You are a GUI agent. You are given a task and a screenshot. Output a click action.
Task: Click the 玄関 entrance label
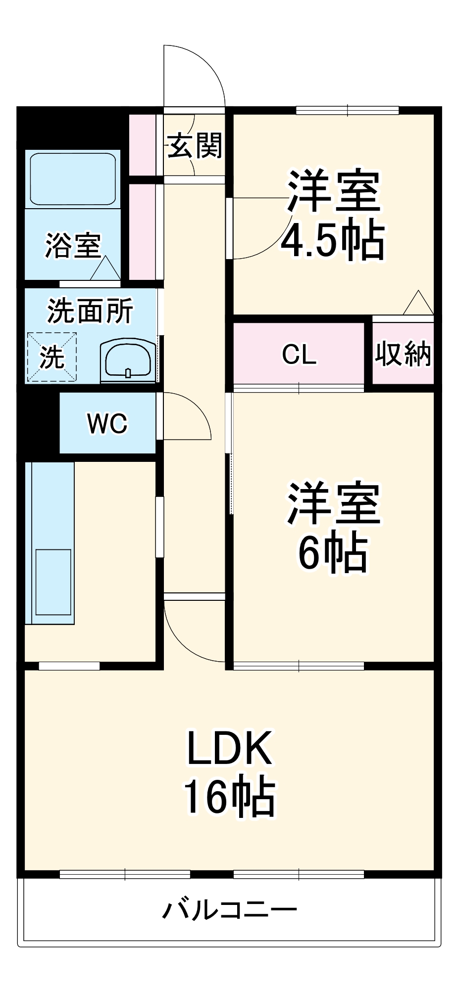195,145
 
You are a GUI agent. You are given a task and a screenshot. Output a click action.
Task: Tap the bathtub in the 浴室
73,179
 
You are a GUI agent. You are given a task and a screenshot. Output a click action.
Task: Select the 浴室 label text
73,245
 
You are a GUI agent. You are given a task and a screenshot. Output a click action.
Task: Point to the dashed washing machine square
51,357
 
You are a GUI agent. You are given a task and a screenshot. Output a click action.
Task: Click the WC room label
107,423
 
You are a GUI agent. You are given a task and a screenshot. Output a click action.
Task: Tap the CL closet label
299,354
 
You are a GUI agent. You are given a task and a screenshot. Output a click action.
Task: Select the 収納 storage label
403,354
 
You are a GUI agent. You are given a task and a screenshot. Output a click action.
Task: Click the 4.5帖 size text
333,241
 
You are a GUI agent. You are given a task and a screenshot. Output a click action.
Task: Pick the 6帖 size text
333,552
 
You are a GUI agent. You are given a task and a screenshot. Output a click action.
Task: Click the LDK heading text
229,748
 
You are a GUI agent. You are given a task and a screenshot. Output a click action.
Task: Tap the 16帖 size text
229,797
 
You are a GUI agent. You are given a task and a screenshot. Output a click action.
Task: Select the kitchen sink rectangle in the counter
53,582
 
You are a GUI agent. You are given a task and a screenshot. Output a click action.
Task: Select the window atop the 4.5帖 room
347,110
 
